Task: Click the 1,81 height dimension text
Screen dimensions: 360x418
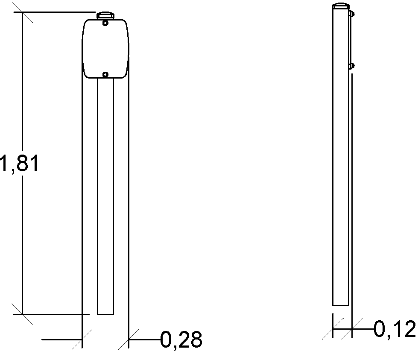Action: (x=20, y=164)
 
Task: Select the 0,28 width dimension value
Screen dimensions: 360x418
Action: (x=181, y=340)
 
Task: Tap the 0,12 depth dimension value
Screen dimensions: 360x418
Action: (x=395, y=329)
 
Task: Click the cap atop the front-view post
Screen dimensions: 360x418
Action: (x=105, y=16)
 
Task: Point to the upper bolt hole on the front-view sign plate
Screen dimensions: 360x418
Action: (x=105, y=23)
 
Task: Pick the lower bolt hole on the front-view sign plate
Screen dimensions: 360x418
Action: (x=105, y=75)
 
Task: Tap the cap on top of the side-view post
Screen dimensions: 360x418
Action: (x=341, y=6)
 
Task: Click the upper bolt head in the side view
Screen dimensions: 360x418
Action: (x=351, y=14)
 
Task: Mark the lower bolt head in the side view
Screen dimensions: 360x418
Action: (x=351, y=66)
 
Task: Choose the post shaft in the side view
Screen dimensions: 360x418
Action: (x=341, y=171)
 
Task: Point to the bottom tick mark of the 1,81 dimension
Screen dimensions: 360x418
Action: (x=22, y=314)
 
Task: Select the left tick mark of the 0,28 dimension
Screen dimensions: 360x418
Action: (x=82, y=340)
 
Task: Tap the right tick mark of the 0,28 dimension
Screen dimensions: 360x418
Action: (x=129, y=340)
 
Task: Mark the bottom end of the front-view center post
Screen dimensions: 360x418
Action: (x=105, y=314)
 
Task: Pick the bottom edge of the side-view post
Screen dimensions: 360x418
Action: (x=341, y=305)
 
